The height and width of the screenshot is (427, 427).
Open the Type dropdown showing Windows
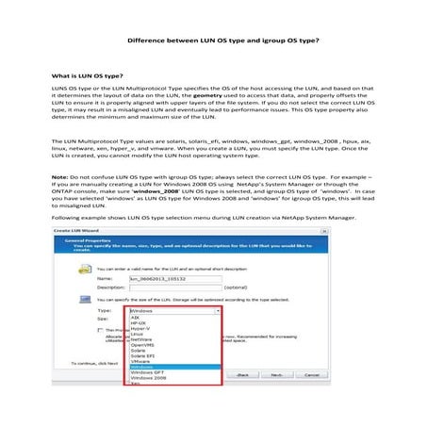[x=174, y=309]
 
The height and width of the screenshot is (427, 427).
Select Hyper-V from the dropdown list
[x=139, y=329]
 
